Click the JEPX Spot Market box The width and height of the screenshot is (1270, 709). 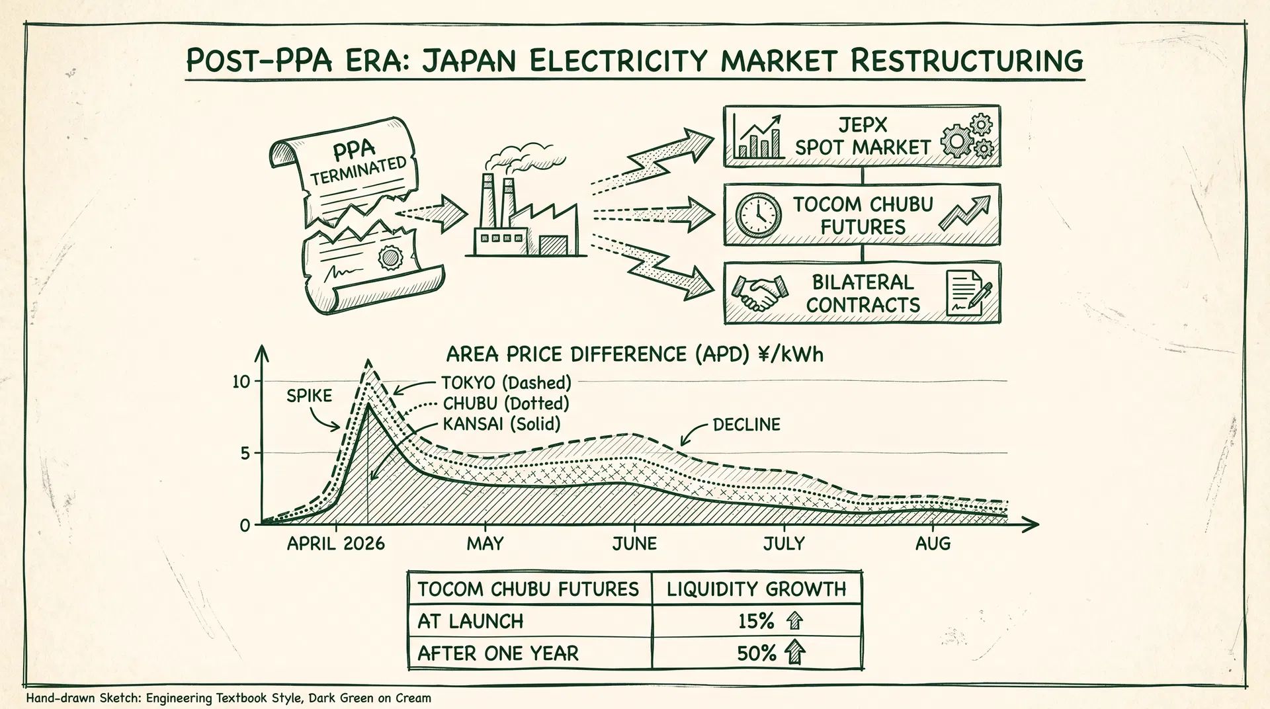point(861,136)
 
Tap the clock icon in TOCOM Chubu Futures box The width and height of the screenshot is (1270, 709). point(758,216)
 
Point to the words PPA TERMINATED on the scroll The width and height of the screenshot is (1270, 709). point(358,163)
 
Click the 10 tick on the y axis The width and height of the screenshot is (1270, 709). point(242,382)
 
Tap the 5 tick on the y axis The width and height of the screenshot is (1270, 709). point(245,454)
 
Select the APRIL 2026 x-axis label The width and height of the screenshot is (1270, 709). point(335,544)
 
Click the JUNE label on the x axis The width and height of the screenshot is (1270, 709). point(634,544)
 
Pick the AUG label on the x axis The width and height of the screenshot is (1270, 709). point(933,544)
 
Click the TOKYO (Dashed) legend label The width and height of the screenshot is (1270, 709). point(506,383)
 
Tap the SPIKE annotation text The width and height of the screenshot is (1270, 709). point(309,396)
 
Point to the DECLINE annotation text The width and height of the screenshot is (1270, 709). point(746,425)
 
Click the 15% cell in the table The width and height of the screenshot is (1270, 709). point(757,621)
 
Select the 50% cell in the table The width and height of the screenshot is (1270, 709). point(757,653)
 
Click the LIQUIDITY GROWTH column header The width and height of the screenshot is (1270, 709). point(756,589)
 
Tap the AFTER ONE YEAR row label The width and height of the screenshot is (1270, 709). point(498,653)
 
